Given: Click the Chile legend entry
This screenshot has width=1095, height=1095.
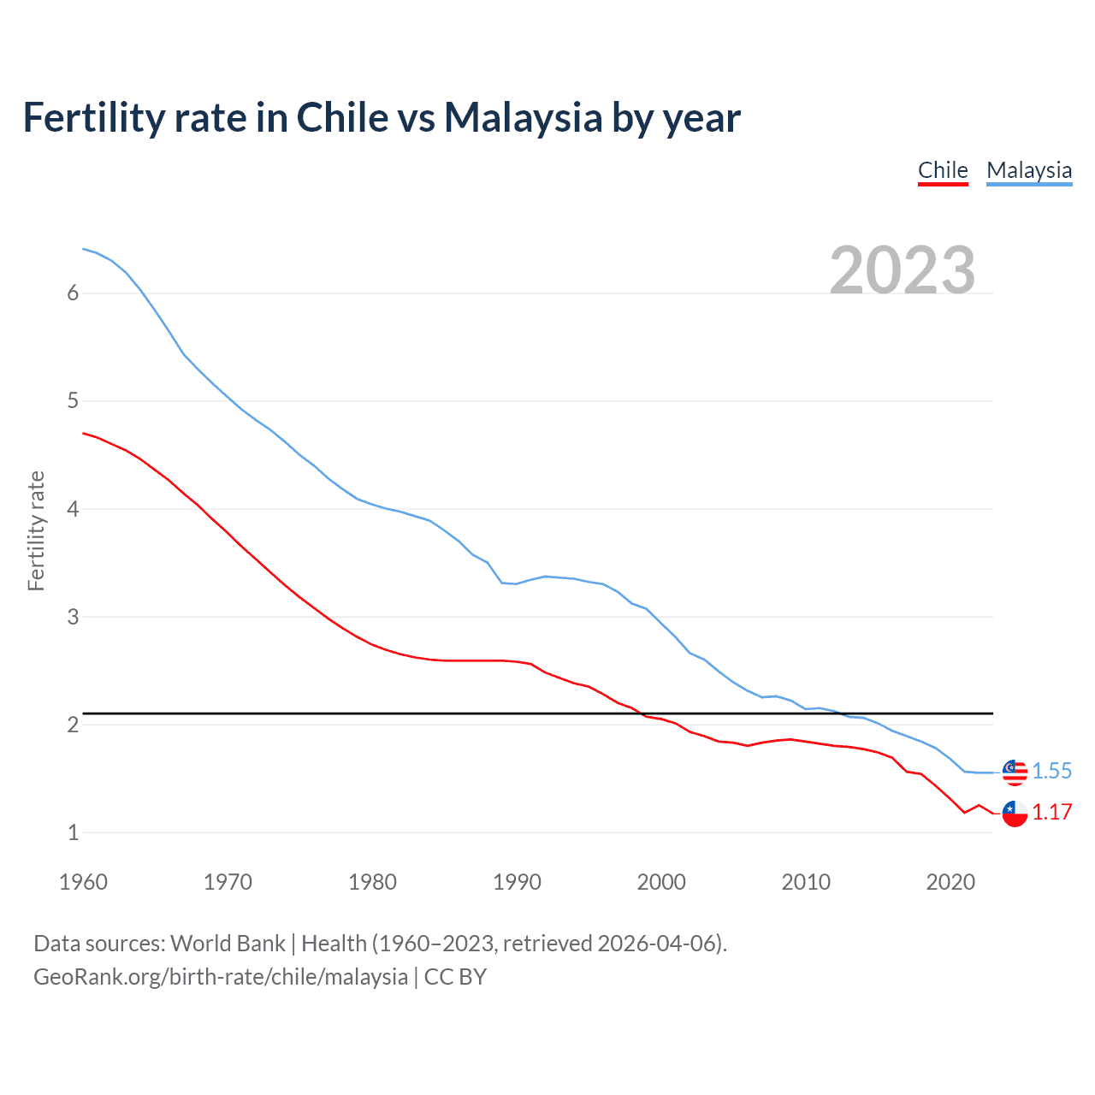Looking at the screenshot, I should (x=943, y=170).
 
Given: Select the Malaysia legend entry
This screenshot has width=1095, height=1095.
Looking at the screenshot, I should (x=1029, y=170).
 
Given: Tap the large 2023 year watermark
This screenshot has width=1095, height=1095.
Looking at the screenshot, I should (x=903, y=270).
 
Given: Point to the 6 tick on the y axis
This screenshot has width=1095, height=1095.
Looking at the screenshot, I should (x=73, y=293).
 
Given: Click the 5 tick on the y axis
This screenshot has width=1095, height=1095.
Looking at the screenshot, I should (x=73, y=401).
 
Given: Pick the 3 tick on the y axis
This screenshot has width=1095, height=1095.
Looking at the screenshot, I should (x=73, y=617).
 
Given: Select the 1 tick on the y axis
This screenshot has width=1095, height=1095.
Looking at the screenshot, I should (x=73, y=832).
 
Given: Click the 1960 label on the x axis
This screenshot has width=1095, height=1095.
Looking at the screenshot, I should (x=83, y=882).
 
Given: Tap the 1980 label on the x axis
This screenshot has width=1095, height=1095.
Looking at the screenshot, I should (x=372, y=882).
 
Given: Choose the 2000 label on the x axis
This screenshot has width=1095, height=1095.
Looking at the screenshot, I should (x=661, y=882).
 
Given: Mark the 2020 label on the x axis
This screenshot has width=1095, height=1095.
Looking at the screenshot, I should (x=950, y=882).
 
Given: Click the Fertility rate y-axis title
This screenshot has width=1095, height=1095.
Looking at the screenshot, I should (x=36, y=530).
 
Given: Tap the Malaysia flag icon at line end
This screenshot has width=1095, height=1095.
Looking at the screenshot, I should (x=1015, y=772).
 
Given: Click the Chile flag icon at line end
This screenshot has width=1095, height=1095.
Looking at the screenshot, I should (x=1015, y=814).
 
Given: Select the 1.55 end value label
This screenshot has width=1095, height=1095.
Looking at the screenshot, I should (x=1051, y=771).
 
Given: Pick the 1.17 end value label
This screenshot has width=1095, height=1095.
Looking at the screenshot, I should (x=1051, y=812).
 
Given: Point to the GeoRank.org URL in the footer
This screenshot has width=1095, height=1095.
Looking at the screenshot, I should (x=221, y=977).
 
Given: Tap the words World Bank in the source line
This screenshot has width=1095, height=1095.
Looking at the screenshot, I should (x=228, y=944).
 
